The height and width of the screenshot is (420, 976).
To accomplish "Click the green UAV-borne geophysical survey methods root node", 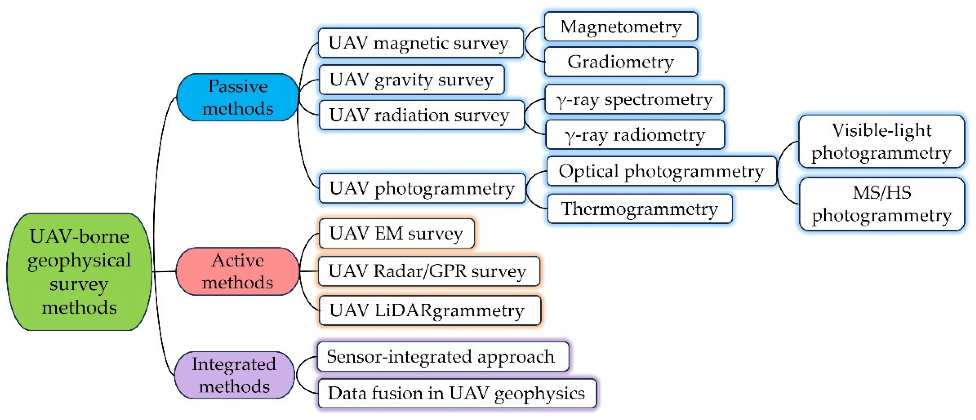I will [x=79, y=272].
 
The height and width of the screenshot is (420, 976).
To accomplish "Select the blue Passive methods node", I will [x=238, y=97].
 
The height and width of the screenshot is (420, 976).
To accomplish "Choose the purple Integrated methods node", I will [x=234, y=375].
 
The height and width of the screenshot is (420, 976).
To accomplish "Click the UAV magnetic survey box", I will [x=420, y=43].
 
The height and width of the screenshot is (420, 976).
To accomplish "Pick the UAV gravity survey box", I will [x=411, y=80].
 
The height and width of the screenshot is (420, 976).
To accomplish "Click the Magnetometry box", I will [x=621, y=27].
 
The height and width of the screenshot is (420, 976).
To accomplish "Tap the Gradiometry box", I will [x=621, y=62].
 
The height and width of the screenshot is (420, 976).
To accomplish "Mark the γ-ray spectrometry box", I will [x=634, y=99].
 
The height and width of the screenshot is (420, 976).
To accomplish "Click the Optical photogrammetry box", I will [x=661, y=171].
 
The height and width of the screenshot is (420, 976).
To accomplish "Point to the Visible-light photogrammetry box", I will [x=881, y=141].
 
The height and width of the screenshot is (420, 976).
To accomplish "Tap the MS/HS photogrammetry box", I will [x=882, y=204].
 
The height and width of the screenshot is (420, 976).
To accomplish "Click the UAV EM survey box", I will [x=396, y=233].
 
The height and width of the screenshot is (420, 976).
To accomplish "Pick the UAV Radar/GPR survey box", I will [x=428, y=271].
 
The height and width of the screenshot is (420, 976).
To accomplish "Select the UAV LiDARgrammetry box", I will [x=429, y=311].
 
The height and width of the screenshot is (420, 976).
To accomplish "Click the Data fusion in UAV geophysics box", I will [x=457, y=393].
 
